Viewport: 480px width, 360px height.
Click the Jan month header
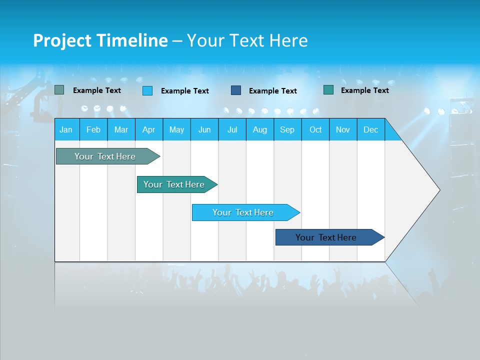coord(66,129)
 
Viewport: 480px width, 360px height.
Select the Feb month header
coord(93,129)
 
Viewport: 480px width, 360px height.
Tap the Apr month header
coord(149,129)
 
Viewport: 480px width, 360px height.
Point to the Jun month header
coord(204,129)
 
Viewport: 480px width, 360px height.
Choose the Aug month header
coord(260,129)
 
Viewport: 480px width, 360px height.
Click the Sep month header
coord(287,129)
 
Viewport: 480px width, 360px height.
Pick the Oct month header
coord(315,129)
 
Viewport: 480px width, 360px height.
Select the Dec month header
coord(371,129)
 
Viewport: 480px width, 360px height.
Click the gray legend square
coord(59,90)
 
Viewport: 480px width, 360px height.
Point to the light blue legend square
coord(147,90)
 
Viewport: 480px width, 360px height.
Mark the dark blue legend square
coord(236,90)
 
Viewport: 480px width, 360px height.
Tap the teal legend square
coord(328,90)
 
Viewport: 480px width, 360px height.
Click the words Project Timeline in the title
coord(100,40)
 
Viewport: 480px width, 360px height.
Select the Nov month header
coord(343,129)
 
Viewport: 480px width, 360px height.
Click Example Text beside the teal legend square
coord(364,90)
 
